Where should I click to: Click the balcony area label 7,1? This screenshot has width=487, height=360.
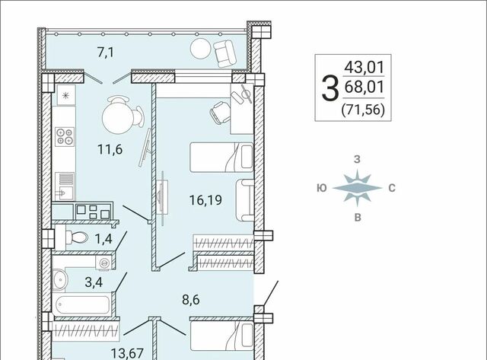pyautogui.click(x=106, y=53)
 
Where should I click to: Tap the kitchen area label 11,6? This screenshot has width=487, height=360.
pyautogui.click(x=110, y=149)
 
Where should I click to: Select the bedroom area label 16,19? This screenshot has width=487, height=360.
pyautogui.click(x=205, y=200)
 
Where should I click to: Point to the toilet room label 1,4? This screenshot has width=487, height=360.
pyautogui.click(x=103, y=240)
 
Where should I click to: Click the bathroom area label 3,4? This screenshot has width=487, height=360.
pyautogui.click(x=94, y=282)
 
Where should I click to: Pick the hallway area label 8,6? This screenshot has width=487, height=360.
pyautogui.click(x=191, y=300)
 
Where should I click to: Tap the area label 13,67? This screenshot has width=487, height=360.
pyautogui.click(x=127, y=353)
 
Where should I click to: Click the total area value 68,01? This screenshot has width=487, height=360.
pyautogui.click(x=364, y=87)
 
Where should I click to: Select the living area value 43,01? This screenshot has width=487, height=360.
pyautogui.click(x=364, y=68)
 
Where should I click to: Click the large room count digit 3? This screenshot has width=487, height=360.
pyautogui.click(x=329, y=89)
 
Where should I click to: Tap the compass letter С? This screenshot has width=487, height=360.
pyautogui.click(x=392, y=188)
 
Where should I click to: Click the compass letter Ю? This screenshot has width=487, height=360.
pyautogui.click(x=322, y=188)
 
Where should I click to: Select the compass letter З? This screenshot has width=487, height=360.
pyautogui.click(x=357, y=159)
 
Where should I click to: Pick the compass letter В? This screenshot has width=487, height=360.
pyautogui.click(x=358, y=218)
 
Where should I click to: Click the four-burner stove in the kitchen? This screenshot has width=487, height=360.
pyautogui.click(x=65, y=137)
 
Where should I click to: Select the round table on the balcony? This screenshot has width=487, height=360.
pyautogui.click(x=200, y=49)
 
